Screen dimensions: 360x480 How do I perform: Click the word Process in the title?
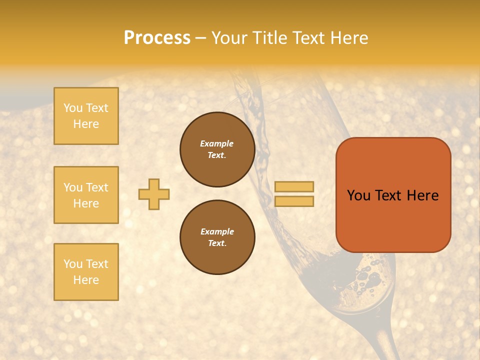[157, 38]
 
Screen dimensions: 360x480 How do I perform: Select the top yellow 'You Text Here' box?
[86, 116]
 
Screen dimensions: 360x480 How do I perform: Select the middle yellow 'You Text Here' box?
[86, 195]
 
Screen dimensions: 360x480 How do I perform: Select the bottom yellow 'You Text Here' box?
[86, 271]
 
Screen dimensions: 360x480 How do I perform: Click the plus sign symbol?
[154, 194]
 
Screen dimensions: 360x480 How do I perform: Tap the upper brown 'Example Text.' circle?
[217, 149]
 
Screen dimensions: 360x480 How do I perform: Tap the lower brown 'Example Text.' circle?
[217, 237]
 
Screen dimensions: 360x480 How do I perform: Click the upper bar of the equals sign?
[294, 187]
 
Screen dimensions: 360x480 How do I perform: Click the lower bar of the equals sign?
[294, 201]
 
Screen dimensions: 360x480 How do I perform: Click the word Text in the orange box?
[387, 195]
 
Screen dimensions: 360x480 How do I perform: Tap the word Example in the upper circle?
[217, 143]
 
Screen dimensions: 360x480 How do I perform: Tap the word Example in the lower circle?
[217, 231]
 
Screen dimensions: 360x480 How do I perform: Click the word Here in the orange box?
[422, 195]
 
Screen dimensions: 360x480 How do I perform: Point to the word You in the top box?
[73, 108]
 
